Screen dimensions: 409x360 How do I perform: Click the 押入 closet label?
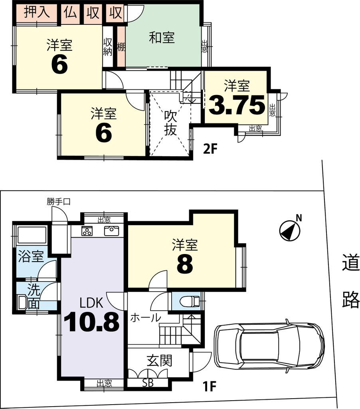[36, 12]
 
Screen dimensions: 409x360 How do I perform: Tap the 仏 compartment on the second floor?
[70, 12]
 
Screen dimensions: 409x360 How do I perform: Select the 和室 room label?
[162, 38]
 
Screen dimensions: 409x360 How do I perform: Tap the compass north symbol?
[290, 231]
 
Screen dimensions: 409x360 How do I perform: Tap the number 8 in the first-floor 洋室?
[184, 264]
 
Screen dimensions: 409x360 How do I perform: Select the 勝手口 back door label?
[58, 202]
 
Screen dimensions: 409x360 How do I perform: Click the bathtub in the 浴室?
[32, 235]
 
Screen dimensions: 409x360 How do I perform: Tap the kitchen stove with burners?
[87, 231]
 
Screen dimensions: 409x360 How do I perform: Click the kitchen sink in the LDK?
[111, 230]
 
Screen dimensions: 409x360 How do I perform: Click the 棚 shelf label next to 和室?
[121, 47]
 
